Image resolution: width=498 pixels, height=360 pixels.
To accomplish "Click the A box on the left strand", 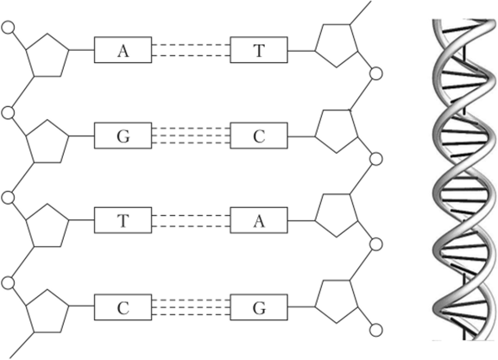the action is [x=123, y=50].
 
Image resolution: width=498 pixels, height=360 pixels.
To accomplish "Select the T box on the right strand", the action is [x=259, y=50].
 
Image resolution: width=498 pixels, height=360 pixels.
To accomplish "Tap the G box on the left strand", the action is [x=123, y=136].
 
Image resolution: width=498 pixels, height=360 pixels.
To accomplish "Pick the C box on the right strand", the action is [x=259, y=136].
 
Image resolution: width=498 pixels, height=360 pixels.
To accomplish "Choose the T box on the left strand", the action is [x=123, y=220].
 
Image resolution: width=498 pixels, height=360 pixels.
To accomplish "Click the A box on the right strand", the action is [x=259, y=220].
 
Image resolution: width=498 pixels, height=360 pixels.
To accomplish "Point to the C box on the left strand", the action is [x=123, y=307].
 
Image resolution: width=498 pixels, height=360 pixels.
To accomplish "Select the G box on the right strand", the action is [x=259, y=307].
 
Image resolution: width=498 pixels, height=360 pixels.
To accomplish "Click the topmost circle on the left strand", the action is [x=8, y=28].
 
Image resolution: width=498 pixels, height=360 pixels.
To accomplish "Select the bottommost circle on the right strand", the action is [x=376, y=330].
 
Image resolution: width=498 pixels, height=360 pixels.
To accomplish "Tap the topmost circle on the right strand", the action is [x=376, y=73].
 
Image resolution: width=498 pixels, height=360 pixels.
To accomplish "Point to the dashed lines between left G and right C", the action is [x=191, y=136].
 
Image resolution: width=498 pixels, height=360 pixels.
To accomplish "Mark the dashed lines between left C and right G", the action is [x=191, y=307].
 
